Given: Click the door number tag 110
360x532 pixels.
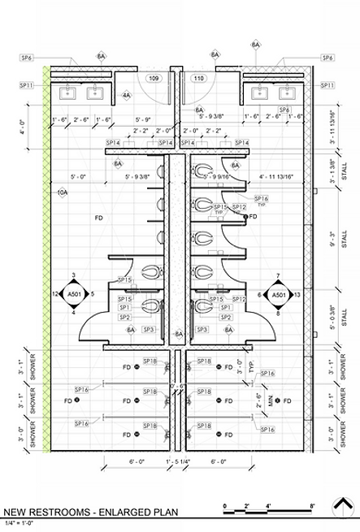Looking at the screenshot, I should (x=198, y=78).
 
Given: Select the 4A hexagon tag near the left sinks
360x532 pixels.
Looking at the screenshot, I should (x=126, y=95).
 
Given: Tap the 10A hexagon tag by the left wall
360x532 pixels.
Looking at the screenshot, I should (x=63, y=192).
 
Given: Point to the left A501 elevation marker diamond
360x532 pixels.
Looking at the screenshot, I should (x=74, y=293).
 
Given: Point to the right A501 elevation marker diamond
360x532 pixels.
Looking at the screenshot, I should (x=278, y=294).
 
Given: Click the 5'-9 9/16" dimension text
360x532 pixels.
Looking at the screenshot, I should (x=218, y=175).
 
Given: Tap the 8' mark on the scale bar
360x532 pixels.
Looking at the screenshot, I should (x=312, y=505).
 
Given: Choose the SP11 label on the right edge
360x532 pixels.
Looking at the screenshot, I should (x=327, y=85).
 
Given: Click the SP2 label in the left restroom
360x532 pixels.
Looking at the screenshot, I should (x=124, y=318).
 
